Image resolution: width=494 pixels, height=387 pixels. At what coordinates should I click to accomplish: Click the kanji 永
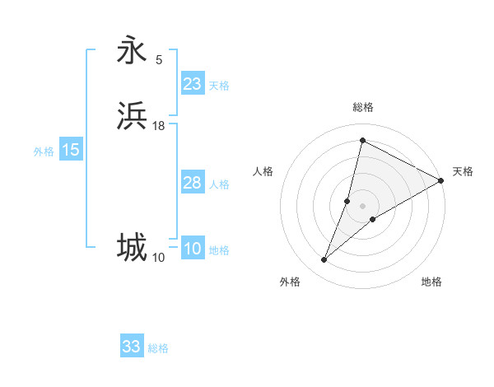[x=132, y=50]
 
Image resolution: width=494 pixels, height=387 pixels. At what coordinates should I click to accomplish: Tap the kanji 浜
[x=132, y=116]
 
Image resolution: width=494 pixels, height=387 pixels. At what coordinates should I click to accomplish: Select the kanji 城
[x=132, y=248]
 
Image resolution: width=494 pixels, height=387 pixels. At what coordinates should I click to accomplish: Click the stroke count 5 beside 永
[x=159, y=59]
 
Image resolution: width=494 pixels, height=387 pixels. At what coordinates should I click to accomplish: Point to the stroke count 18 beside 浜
[x=159, y=125]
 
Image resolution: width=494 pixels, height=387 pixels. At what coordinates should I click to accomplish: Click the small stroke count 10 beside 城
[x=158, y=257]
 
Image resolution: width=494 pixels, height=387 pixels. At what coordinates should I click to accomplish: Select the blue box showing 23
[x=193, y=84]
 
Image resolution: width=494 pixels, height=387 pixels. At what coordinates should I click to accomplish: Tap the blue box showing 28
[x=193, y=183]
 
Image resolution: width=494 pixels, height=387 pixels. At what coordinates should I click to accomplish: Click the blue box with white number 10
[x=193, y=249]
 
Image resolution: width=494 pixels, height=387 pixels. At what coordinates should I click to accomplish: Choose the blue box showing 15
[x=71, y=150]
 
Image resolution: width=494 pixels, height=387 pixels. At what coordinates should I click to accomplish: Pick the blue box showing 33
[x=132, y=347]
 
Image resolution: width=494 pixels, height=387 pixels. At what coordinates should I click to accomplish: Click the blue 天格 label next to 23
[x=219, y=86]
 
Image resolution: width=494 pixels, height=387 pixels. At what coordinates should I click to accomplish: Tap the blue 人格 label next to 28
[x=219, y=184]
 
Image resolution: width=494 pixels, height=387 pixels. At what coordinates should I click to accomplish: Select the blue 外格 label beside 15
[x=44, y=152]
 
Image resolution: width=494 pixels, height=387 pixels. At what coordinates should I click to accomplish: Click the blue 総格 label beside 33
[x=158, y=348]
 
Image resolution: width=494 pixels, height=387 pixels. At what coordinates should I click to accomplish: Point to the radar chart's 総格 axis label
[x=362, y=107]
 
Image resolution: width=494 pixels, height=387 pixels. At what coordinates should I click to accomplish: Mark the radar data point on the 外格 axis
[x=324, y=260]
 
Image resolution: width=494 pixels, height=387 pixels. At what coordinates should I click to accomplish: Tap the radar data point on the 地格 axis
[x=373, y=219]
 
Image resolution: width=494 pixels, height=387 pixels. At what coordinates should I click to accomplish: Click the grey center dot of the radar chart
[x=362, y=205]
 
